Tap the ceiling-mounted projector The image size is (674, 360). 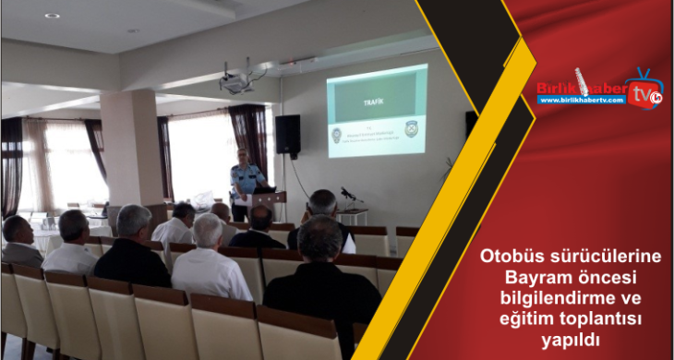237,82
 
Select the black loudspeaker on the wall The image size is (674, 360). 287,134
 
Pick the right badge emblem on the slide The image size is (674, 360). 411,127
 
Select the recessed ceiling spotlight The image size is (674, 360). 52,16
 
